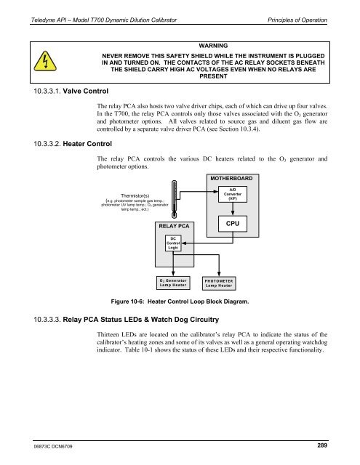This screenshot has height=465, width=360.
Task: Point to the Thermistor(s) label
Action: point(135,195)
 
